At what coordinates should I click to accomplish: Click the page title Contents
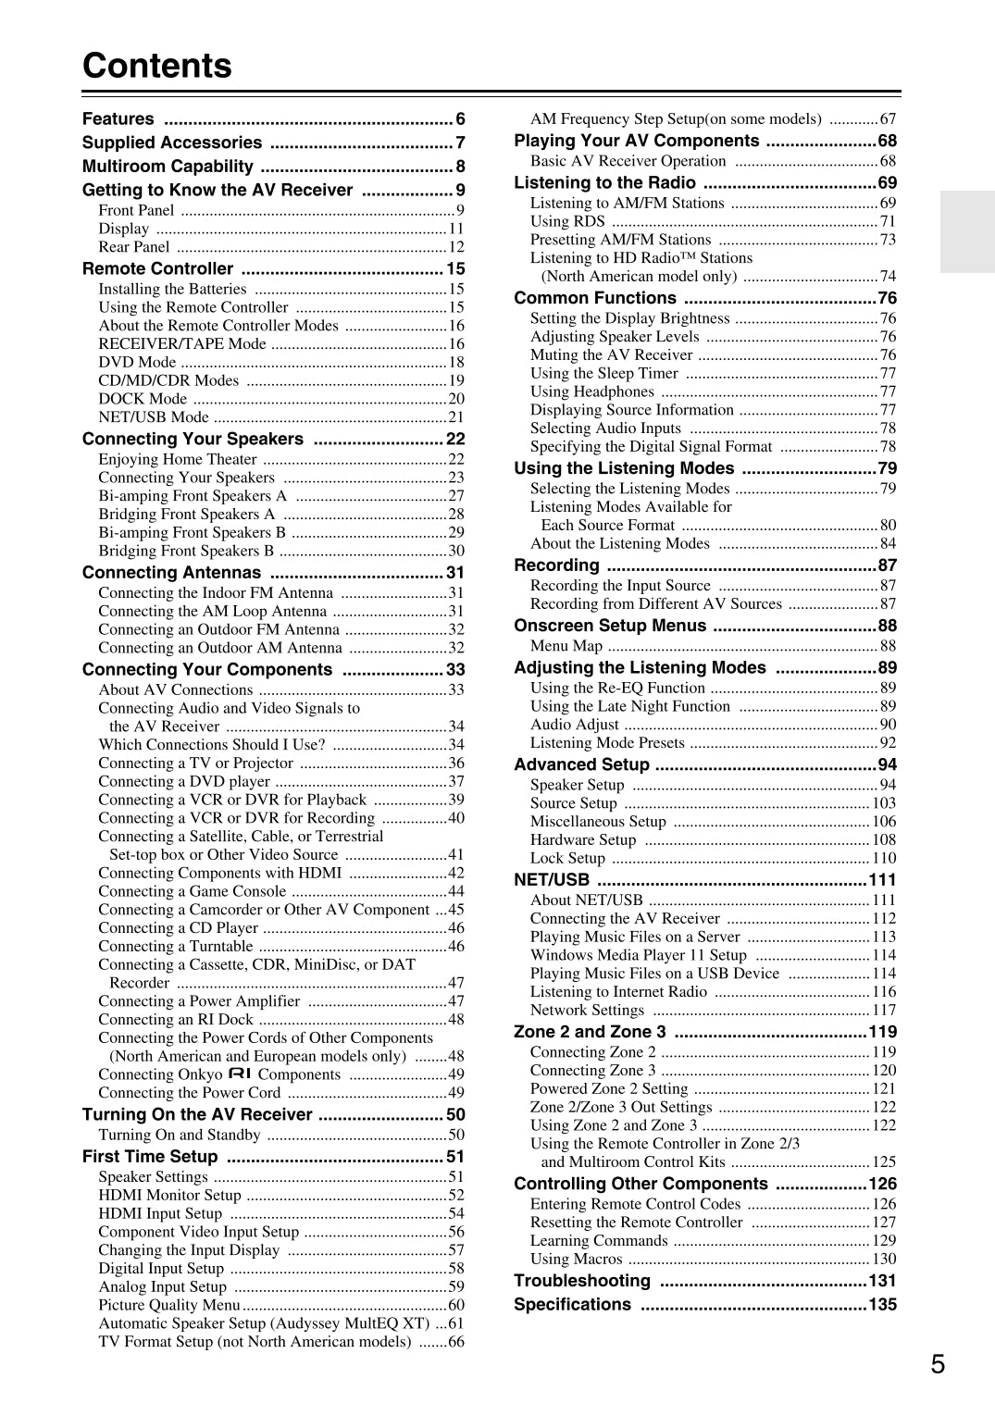tap(157, 66)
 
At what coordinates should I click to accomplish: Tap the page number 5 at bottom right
tap(938, 1364)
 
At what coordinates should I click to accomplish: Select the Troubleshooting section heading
tap(582, 1281)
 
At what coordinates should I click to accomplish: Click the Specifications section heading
tap(572, 1304)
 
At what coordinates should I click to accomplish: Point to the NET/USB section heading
tap(552, 880)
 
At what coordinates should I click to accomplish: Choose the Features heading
tap(118, 119)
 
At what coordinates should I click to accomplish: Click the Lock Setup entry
tap(567, 858)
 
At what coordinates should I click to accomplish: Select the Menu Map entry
tap(566, 646)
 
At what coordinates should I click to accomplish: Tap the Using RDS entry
tap(567, 221)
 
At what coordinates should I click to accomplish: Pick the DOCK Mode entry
tap(143, 399)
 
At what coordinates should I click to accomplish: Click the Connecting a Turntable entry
tap(176, 946)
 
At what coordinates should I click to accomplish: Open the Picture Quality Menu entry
tap(169, 1305)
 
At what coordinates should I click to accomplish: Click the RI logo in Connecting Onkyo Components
tap(240, 1074)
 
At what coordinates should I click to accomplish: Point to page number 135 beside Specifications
tap(883, 1304)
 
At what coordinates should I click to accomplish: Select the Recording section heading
tap(556, 565)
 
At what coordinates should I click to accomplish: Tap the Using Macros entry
tap(576, 1259)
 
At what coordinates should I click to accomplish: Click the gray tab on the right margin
tap(967, 231)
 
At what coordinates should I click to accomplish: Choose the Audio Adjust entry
tap(574, 725)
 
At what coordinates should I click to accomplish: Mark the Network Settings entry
tap(587, 1010)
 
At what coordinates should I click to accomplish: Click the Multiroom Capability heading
tap(168, 167)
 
